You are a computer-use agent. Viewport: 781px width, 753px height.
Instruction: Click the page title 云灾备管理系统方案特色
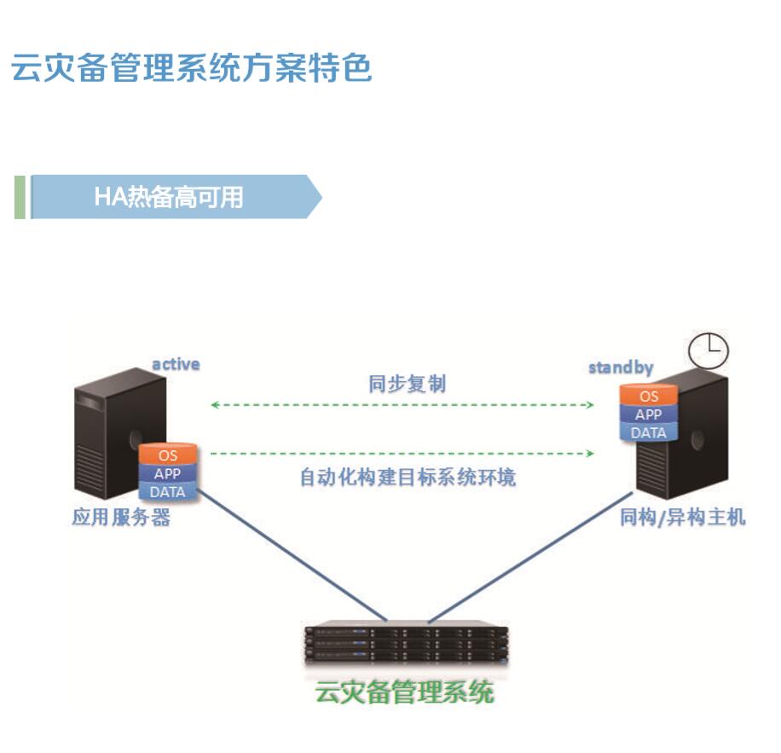[192, 68]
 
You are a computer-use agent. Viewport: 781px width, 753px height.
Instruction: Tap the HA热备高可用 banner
[169, 197]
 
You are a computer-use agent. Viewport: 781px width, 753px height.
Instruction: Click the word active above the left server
[176, 364]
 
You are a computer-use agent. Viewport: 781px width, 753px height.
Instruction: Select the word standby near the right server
[621, 368]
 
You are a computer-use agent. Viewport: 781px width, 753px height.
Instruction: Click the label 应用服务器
[121, 517]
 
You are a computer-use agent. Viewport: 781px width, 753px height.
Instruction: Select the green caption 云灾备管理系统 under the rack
[405, 691]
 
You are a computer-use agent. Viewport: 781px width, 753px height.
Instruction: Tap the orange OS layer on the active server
[168, 455]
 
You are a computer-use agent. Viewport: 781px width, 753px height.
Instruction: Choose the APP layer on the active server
[168, 473]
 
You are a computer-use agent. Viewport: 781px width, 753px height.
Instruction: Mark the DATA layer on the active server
[168, 491]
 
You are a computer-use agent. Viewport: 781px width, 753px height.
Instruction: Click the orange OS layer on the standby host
[649, 397]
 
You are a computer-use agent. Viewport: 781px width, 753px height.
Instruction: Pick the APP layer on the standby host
[649, 414]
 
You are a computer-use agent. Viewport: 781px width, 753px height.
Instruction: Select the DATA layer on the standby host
[649, 432]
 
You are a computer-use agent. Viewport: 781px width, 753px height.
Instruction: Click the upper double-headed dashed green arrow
[402, 405]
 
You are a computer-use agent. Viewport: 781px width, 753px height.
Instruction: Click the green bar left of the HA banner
[20, 197]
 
